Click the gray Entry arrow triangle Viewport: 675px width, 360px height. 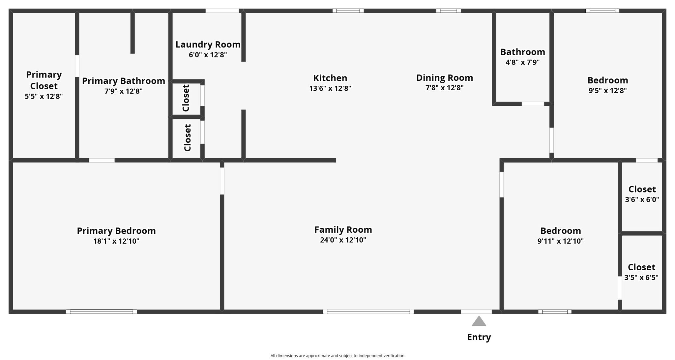[479, 321]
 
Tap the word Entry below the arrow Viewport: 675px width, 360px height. [479, 337]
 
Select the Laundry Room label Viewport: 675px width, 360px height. [208, 45]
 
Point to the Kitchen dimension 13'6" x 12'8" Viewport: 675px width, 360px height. [330, 88]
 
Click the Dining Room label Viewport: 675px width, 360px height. [445, 78]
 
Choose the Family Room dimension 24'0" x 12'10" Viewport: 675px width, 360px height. [343, 240]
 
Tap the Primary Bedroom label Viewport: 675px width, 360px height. [116, 231]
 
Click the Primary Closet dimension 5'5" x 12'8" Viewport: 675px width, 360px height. [44, 97]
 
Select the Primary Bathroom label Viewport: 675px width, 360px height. [124, 81]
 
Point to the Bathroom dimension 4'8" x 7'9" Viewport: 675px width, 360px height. [523, 62]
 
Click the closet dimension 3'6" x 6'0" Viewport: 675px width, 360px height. [642, 199]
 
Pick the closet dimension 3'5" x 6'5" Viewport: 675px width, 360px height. [641, 278]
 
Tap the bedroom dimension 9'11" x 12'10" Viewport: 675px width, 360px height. [561, 241]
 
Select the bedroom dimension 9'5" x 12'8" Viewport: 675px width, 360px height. [608, 91]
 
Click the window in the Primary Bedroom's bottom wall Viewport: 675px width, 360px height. [102, 312]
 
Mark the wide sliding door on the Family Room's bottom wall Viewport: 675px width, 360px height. [368, 312]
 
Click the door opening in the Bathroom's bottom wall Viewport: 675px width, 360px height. [533, 104]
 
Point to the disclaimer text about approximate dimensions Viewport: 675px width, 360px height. [337, 356]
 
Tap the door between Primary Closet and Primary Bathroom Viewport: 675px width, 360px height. [77, 66]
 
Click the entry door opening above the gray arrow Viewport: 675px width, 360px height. [476, 312]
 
